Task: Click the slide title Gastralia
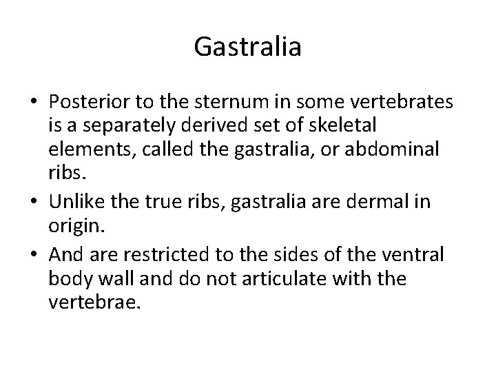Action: tap(247, 47)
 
